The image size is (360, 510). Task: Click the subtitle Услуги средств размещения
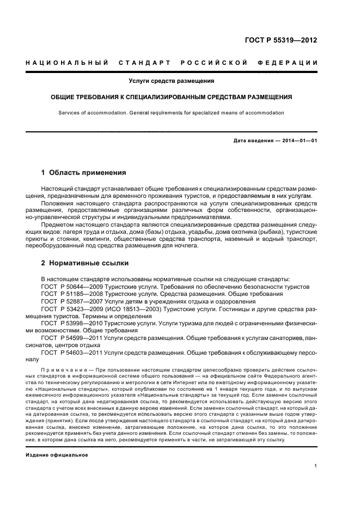171,81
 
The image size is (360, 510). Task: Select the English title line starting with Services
171,113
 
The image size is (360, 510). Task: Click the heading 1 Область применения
83,173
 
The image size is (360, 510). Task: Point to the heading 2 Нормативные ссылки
85,263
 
